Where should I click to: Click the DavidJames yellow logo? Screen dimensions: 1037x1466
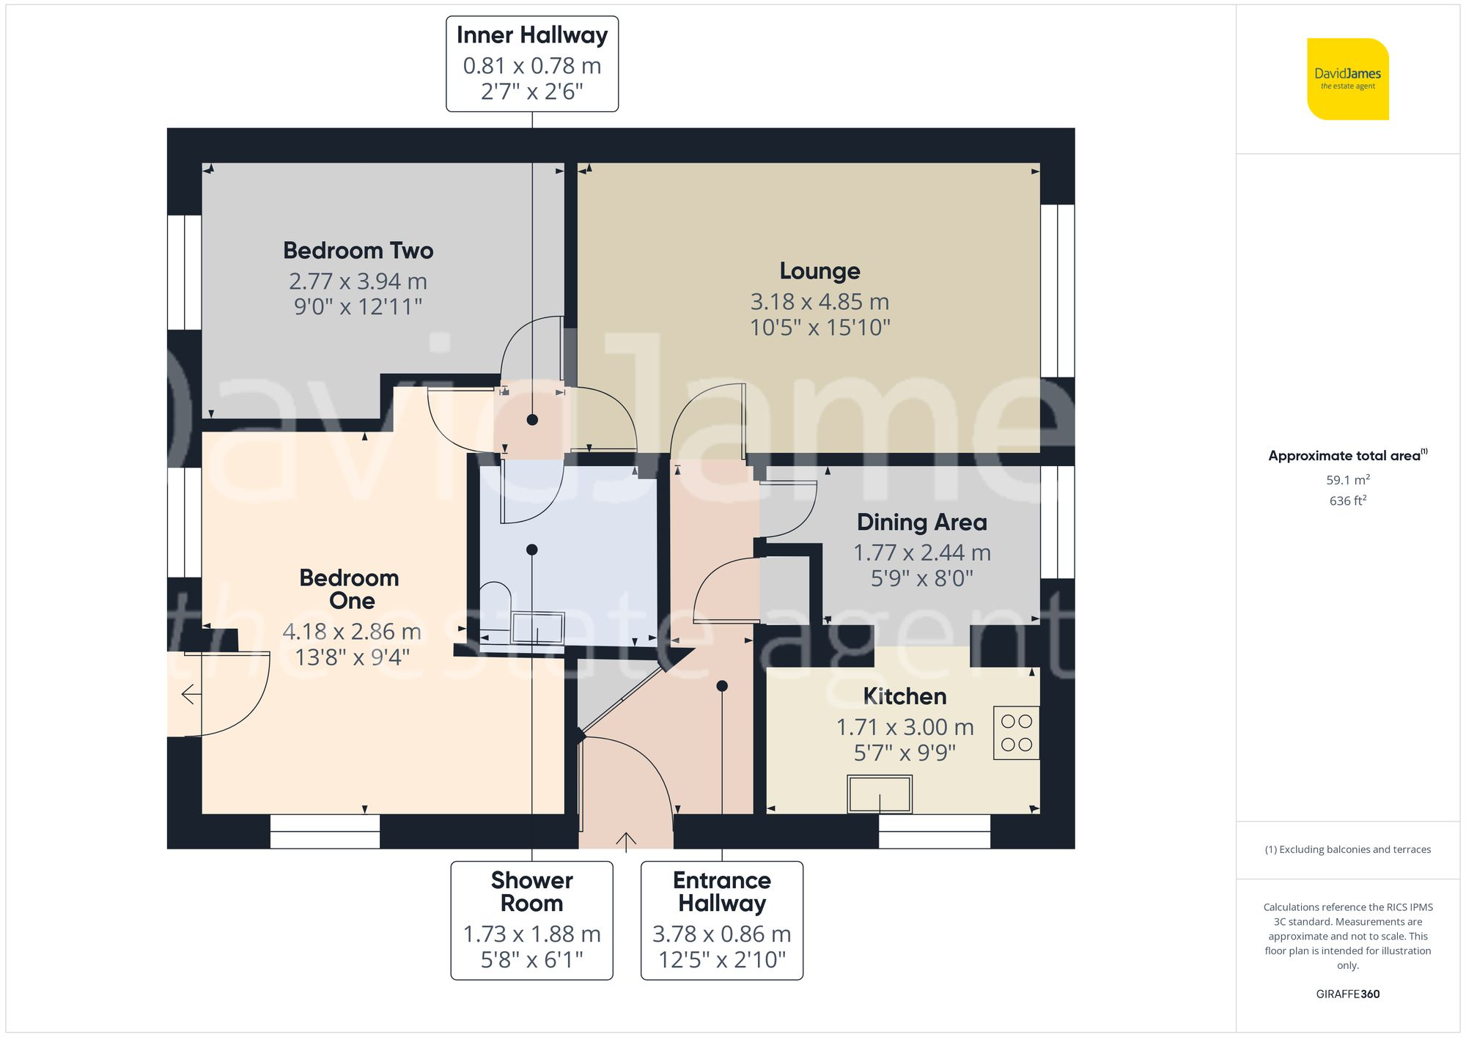tap(1347, 79)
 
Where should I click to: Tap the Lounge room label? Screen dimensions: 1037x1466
tap(819, 271)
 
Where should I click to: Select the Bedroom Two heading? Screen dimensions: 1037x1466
tap(358, 251)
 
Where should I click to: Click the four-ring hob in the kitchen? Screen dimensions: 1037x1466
tap(1016, 732)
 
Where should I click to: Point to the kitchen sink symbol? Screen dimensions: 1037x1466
tap(880, 794)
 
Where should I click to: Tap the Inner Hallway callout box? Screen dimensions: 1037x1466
tap(532, 64)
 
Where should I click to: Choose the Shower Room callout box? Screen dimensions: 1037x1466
tap(531, 920)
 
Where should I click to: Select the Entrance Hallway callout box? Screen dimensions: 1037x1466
tap(722, 920)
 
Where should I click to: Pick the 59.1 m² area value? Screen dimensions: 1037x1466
tap(1347, 480)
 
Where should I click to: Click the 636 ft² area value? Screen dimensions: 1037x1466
tap(1347, 501)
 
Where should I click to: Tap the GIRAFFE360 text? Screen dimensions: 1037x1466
tap(1347, 994)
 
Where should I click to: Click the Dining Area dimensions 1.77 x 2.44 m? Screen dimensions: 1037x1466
tap(921, 553)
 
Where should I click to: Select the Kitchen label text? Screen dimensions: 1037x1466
tap(904, 696)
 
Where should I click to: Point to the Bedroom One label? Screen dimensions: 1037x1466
tap(350, 589)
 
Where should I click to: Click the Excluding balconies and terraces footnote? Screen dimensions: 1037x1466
tap(1347, 849)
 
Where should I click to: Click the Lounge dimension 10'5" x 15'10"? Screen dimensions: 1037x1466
tap(819, 328)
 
